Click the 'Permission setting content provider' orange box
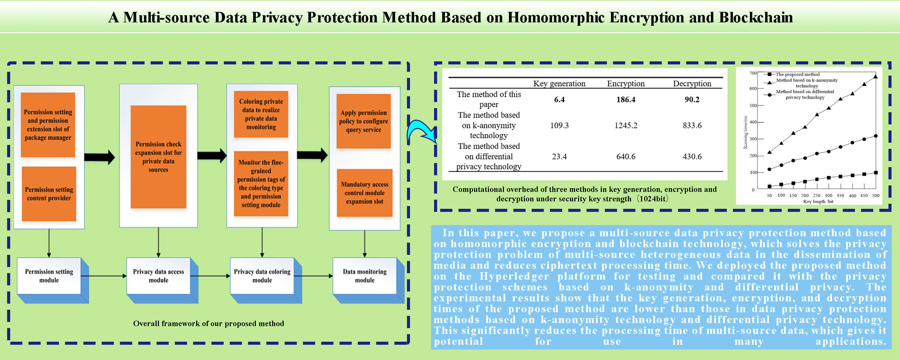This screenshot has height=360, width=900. click(49, 194)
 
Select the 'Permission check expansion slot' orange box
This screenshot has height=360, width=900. click(158, 157)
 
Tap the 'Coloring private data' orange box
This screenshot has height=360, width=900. click(261, 114)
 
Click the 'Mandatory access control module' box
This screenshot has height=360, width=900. click(364, 193)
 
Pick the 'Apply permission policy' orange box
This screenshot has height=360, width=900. click(363, 121)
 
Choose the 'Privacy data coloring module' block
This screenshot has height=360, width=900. click(262, 276)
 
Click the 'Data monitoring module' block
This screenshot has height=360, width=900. click(365, 276)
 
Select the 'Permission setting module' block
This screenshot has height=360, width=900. click(49, 276)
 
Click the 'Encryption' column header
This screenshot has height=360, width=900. click(626, 83)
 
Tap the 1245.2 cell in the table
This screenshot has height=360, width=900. click(626, 125)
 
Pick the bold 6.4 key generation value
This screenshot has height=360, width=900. click(559, 100)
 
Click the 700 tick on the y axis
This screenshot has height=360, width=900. click(753, 73)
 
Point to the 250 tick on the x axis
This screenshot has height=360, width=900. click(817, 195)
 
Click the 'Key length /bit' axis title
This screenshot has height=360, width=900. click(818, 201)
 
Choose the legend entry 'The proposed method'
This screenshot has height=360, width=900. click(798, 74)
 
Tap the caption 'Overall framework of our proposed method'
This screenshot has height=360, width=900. click(208, 323)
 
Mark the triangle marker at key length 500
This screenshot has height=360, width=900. click(876, 77)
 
